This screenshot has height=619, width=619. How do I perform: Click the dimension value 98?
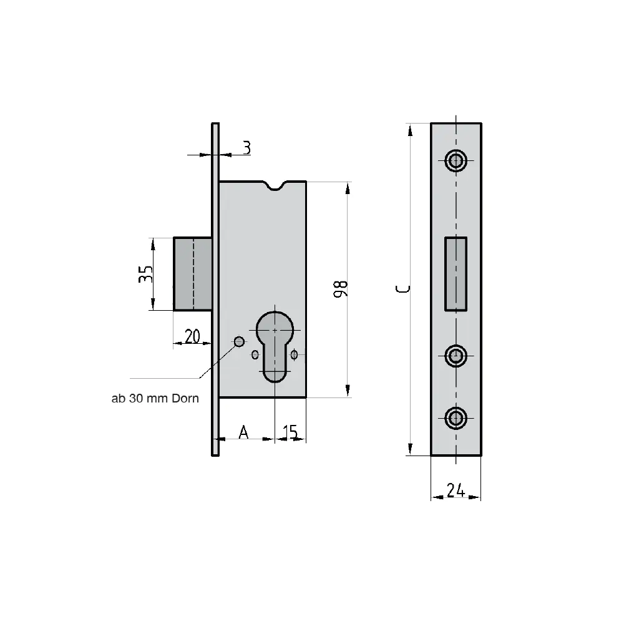coord(341,289)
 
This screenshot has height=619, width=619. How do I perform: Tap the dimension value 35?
coord(145,274)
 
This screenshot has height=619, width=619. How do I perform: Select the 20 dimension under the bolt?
coord(192,336)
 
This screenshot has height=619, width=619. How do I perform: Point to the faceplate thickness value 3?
coord(246,148)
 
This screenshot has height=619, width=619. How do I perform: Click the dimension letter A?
coord(243,432)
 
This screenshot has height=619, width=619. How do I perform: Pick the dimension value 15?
coord(290,432)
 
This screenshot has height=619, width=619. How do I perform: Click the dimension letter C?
coord(402,289)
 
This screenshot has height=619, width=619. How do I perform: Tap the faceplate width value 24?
coord(456,490)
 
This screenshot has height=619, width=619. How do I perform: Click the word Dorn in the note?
coord(185,398)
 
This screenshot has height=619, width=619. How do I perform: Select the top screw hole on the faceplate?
coord(456,160)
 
